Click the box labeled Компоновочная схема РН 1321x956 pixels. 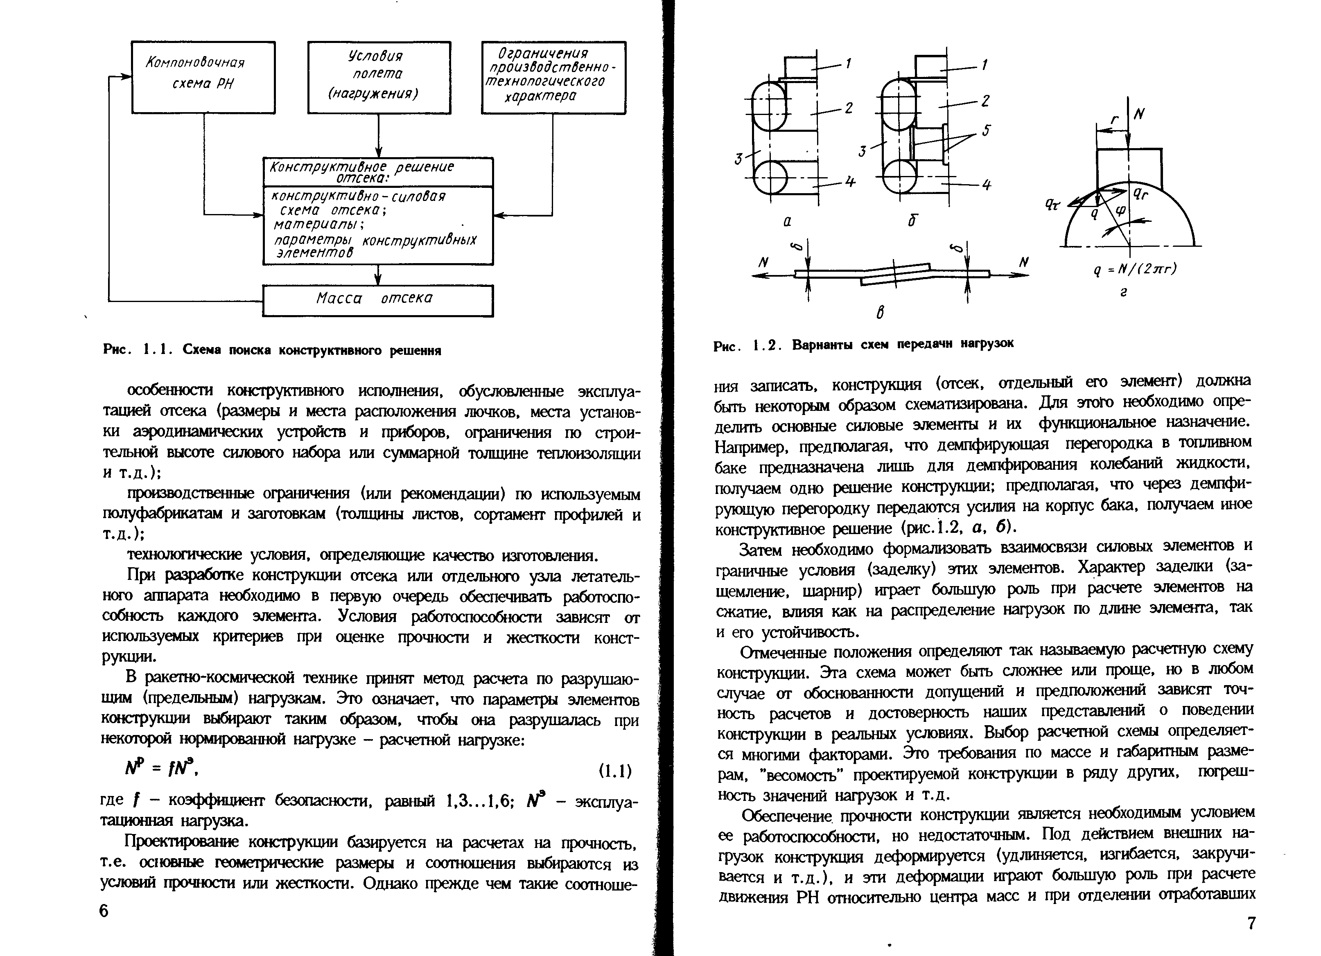pyautogui.click(x=203, y=77)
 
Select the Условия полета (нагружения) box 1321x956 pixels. pyautogui.click(x=379, y=77)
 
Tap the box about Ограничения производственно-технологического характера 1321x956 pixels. pyautogui.click(x=553, y=77)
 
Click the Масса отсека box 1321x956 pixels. pyautogui.click(x=377, y=300)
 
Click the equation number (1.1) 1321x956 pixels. pyautogui.click(x=615, y=771)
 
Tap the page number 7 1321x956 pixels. pyautogui.click(x=1251, y=923)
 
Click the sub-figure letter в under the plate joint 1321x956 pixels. pyautogui.click(x=880, y=313)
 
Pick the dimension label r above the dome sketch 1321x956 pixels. pyautogui.click(x=1115, y=120)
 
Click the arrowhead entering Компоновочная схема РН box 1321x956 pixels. pyautogui.click(x=126, y=76)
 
